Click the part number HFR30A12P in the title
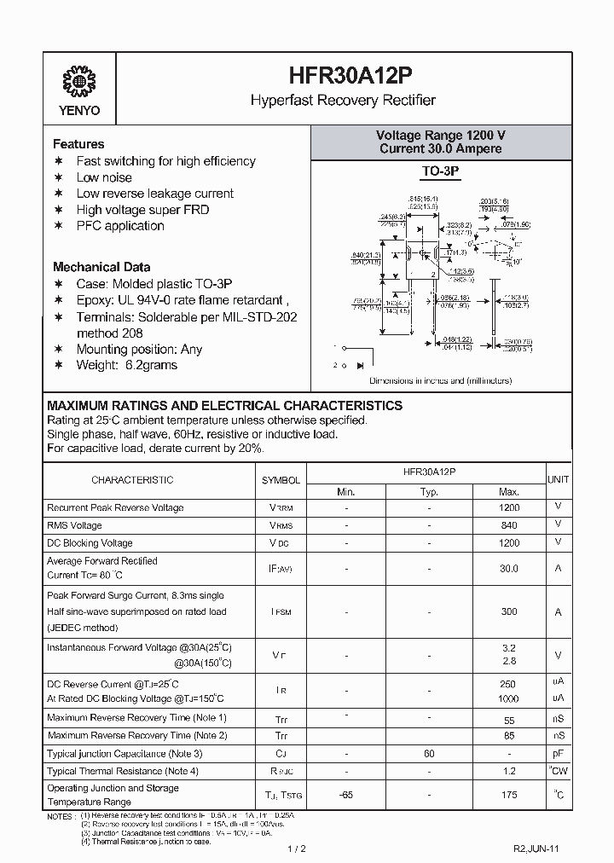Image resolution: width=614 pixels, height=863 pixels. point(342,76)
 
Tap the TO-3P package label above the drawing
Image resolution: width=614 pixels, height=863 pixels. point(441,172)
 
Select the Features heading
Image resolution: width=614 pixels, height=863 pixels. point(78,144)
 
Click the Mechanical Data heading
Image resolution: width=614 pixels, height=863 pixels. point(101,267)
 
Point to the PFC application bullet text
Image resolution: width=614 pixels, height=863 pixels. point(120,226)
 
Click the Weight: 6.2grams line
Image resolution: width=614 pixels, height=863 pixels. point(127,365)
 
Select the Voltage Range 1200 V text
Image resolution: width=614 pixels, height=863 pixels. point(441,136)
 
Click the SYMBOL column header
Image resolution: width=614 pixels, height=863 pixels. point(281,480)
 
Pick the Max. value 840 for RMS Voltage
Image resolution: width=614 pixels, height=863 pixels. point(509,525)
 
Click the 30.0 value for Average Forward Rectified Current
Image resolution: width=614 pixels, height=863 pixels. point(509,569)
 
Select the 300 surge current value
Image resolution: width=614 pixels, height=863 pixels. point(509,612)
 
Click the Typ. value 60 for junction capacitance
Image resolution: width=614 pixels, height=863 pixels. point(429,754)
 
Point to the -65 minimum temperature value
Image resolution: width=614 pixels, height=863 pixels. point(345,796)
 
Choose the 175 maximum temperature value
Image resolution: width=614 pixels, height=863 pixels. point(509,796)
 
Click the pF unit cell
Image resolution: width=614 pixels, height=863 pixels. point(558,754)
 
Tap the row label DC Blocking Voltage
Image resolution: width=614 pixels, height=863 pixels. point(90,543)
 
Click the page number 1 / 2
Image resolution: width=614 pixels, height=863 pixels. point(298,849)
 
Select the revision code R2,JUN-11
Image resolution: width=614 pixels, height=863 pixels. point(536,849)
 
